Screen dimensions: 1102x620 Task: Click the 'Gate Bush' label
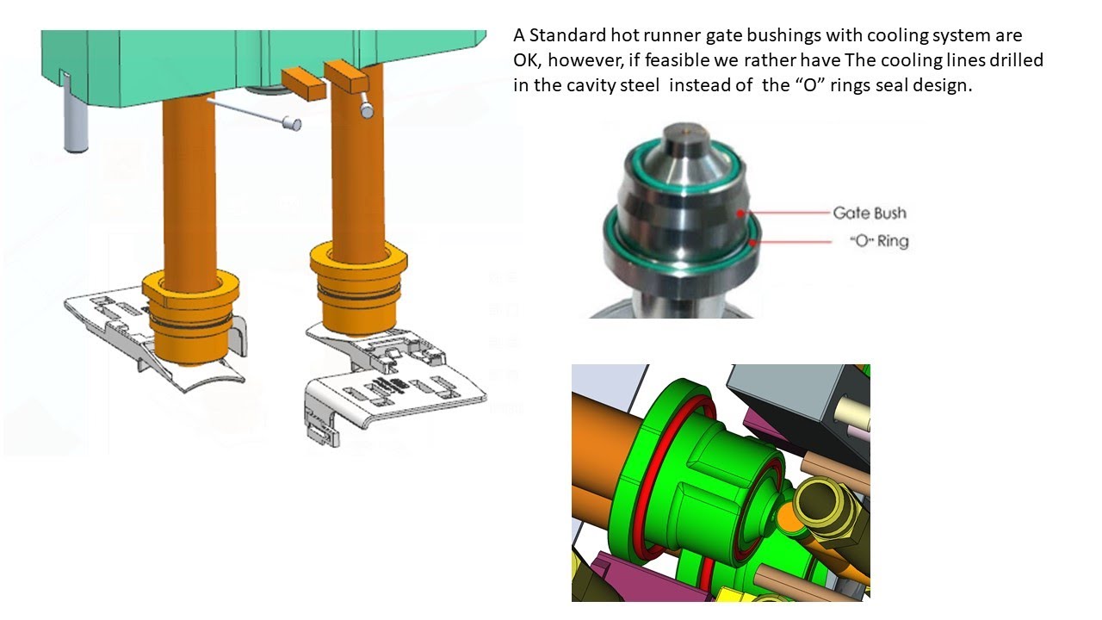tap(870, 213)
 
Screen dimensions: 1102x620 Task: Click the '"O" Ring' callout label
tap(879, 241)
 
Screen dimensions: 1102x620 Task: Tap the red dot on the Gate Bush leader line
tap(740, 213)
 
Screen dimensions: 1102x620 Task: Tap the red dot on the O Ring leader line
tap(752, 242)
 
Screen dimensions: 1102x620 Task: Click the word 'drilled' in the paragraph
tap(1015, 60)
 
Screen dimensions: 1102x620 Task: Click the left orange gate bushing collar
tap(191, 318)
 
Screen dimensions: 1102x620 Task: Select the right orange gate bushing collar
tap(359, 288)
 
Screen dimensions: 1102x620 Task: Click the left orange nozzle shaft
tap(189, 192)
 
